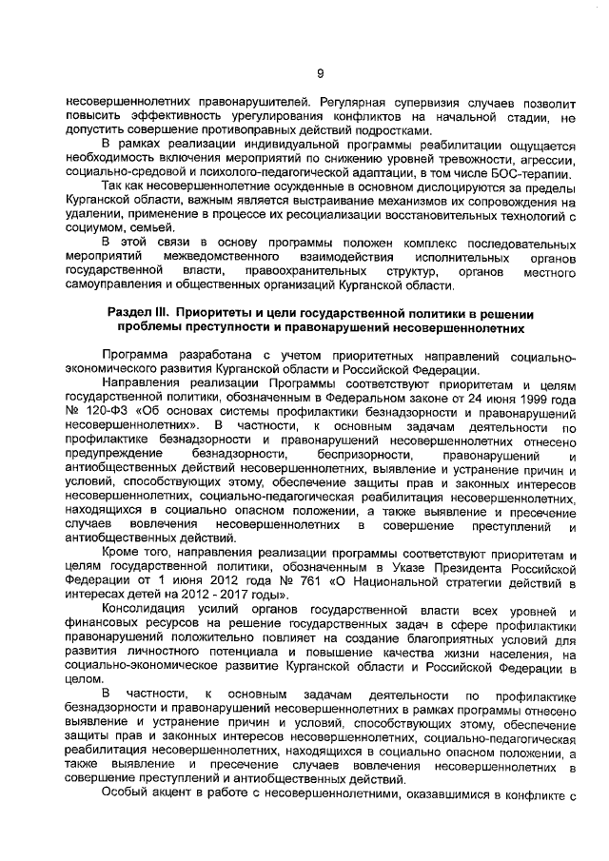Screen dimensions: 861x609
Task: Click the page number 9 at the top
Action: [321, 73]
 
